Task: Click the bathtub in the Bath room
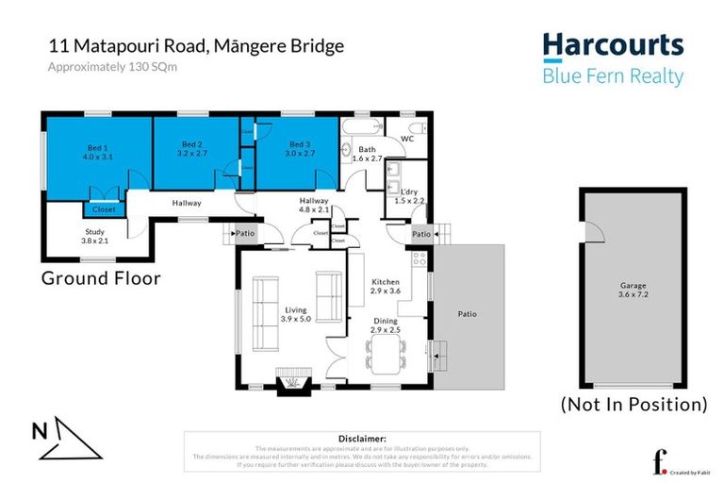pyautogui.click(x=363, y=128)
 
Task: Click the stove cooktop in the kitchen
pyautogui.click(x=420, y=257)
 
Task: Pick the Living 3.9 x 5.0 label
pyautogui.click(x=294, y=313)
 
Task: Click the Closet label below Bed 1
pyautogui.click(x=104, y=208)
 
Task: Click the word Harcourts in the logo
pyautogui.click(x=612, y=44)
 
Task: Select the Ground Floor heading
pyautogui.click(x=100, y=278)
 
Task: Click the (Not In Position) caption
pyautogui.click(x=633, y=404)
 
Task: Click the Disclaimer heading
pyautogui.click(x=361, y=439)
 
